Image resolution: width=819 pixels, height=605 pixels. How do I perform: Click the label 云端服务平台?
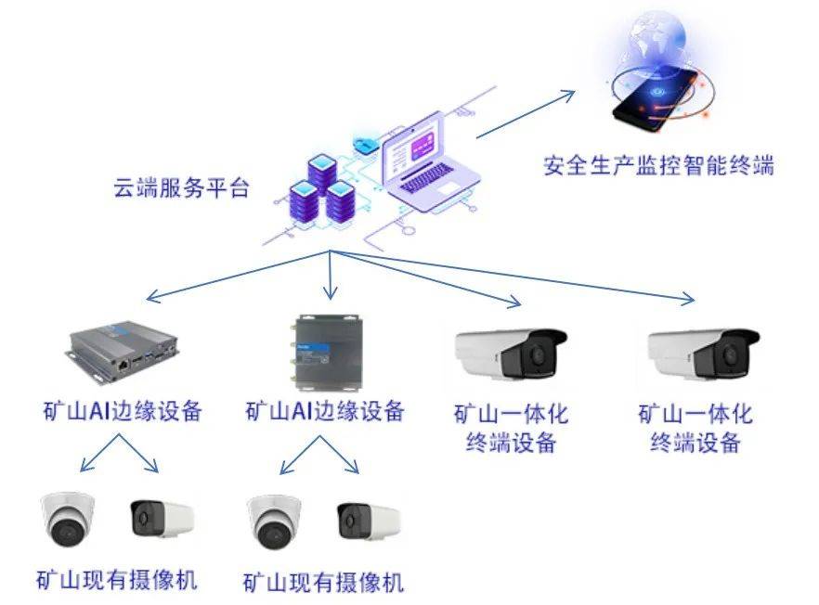[x=181, y=187]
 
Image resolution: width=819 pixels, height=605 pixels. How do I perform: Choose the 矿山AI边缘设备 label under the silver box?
[x=123, y=410]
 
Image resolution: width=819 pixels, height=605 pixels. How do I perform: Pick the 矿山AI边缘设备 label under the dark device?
[x=325, y=411]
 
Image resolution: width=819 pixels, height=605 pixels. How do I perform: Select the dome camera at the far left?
[x=68, y=521]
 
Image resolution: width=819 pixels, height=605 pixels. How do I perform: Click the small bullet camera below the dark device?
[x=368, y=521]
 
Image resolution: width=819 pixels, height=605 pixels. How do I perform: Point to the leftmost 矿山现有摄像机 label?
[x=116, y=580]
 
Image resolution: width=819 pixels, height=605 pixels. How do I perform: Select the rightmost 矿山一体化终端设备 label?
[x=695, y=427]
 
